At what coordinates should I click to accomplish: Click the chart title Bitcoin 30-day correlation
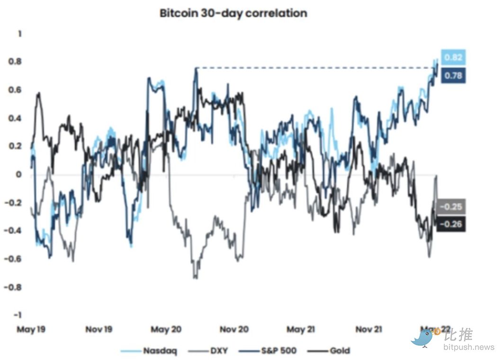tap(234, 13)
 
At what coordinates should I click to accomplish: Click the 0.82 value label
tap(453, 57)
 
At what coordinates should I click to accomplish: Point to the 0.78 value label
tap(453, 75)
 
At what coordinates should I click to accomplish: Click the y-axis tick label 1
tap(19, 34)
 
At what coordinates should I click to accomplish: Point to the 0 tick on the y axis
tap(19, 175)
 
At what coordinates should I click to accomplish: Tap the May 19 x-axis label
tap(31, 329)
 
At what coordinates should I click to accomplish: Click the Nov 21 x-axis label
tap(369, 329)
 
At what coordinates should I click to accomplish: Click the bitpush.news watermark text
tap(469, 347)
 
